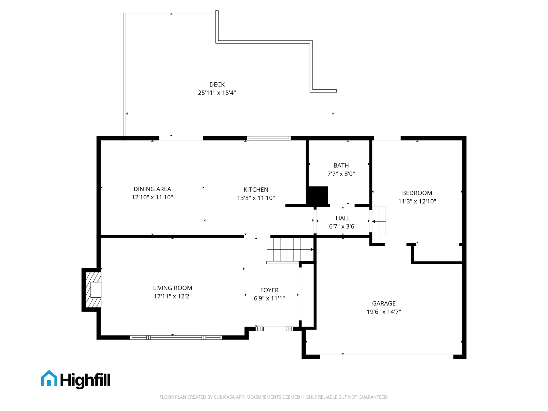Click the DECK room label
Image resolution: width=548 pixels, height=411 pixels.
pyautogui.click(x=217, y=85)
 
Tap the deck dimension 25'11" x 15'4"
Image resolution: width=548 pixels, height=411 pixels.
pyautogui.click(x=217, y=93)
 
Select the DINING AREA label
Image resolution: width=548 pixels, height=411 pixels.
pyautogui.click(x=152, y=189)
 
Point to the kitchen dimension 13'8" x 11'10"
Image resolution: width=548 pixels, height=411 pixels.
pyautogui.click(x=256, y=198)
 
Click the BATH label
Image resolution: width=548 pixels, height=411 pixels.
pyautogui.click(x=341, y=165)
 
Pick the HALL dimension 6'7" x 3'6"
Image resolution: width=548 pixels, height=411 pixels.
pyautogui.click(x=342, y=227)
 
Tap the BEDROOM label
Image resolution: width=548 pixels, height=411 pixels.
pyautogui.click(x=417, y=193)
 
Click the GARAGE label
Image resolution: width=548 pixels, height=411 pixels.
pyautogui.click(x=383, y=303)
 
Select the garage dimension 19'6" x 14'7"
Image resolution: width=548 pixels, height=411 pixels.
pyautogui.click(x=383, y=312)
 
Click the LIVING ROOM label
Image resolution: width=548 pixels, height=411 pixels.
pyautogui.click(x=173, y=288)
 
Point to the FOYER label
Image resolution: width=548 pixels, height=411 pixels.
pyautogui.click(x=269, y=290)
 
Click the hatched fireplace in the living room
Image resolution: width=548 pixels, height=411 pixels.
pyautogui.click(x=93, y=290)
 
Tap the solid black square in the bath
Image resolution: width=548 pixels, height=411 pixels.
pyautogui.click(x=318, y=196)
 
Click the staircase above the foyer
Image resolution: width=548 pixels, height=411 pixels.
pyautogui.click(x=290, y=249)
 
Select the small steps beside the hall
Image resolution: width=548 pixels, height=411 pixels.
pyautogui.click(x=379, y=221)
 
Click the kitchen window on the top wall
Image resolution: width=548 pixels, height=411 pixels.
pyautogui.click(x=269, y=138)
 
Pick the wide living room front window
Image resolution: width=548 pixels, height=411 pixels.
pyautogui.click(x=176, y=338)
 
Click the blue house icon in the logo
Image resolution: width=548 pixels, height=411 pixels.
pyautogui.click(x=49, y=378)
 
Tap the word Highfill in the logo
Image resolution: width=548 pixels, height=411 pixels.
pyautogui.click(x=85, y=380)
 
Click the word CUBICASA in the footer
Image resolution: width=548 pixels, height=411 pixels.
pyautogui.click(x=224, y=397)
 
